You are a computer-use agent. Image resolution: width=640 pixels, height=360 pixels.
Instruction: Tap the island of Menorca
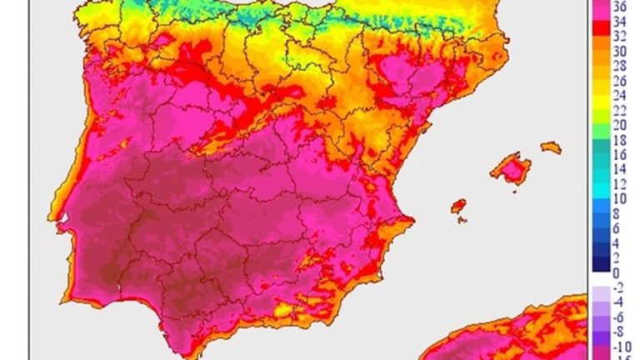click(551, 147)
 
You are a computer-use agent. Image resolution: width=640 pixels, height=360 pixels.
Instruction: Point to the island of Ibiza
click(457, 207)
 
